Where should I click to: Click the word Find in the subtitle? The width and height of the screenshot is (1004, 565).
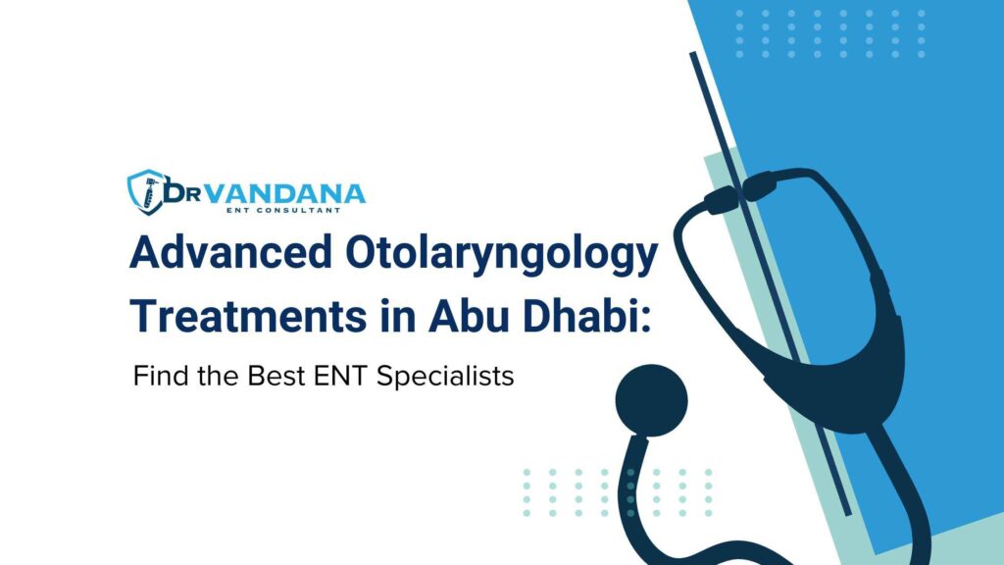point(157,377)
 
